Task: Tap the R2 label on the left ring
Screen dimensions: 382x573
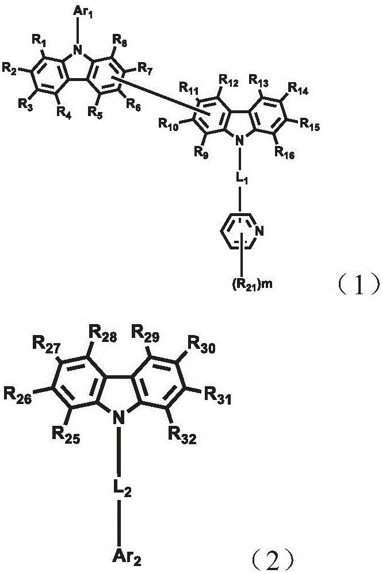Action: click(x=10, y=68)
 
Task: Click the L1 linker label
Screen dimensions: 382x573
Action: click(x=240, y=179)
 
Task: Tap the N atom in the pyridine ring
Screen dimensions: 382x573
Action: click(x=259, y=230)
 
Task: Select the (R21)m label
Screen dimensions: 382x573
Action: click(x=252, y=284)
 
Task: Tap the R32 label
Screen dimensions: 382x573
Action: click(x=182, y=435)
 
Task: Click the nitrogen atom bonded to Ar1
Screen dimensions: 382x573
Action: click(x=77, y=50)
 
